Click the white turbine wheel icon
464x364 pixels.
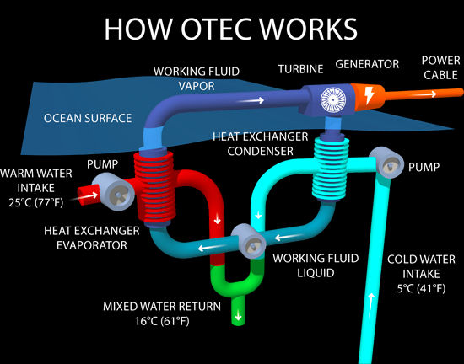333,100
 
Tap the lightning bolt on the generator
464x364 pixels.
369,95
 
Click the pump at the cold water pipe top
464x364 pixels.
387,163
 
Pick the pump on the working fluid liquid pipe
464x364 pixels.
249,241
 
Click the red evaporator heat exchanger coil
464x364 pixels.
154,189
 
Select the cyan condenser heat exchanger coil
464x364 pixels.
331,169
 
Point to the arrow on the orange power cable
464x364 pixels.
425,94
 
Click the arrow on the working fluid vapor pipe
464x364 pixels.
251,100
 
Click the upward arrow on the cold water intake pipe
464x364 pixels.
371,305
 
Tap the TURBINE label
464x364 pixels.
300,69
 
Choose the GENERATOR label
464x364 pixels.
367,64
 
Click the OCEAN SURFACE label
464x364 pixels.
88,118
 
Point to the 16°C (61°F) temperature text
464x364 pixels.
162,321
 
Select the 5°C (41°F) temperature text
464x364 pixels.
421,288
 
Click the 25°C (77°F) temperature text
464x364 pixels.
35,203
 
